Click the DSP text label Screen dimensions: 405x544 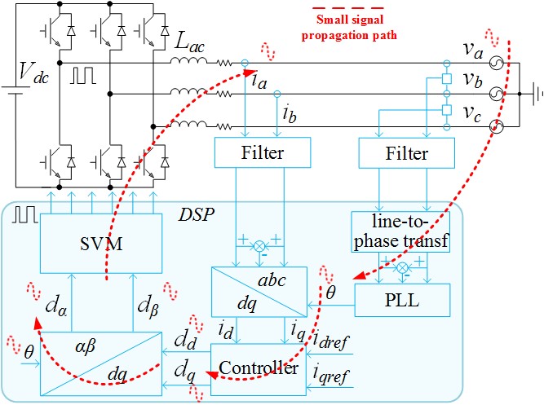pos(197,216)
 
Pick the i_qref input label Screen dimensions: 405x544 pos(331,372)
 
